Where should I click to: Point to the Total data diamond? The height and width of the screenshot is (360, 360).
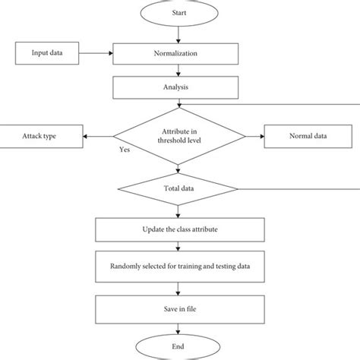coord(178,189)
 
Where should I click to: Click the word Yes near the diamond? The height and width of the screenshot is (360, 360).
coord(124,151)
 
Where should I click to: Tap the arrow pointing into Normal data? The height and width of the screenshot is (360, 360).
coord(254,137)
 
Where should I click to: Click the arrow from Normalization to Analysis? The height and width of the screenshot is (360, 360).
coord(178,70)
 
